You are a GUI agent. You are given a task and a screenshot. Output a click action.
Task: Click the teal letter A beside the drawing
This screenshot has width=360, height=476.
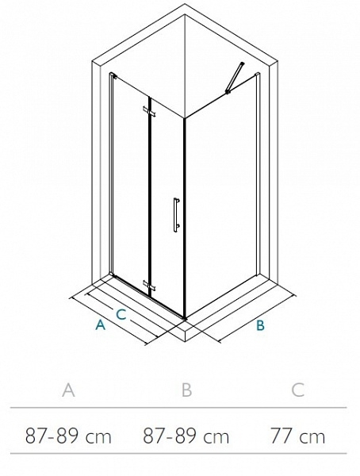[101, 324]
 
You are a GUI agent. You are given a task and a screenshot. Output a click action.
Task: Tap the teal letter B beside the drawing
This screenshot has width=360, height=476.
[260, 325]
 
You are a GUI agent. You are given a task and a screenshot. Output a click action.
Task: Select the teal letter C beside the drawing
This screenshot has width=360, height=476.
[121, 314]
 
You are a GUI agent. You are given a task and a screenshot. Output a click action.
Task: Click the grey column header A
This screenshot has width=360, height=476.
[68, 390]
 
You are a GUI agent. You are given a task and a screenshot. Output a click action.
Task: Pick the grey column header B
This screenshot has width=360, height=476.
[186, 390]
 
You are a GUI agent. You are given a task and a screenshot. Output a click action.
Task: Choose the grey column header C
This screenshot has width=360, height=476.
[297, 390]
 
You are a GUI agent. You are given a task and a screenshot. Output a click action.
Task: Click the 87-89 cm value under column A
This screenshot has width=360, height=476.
[68, 436]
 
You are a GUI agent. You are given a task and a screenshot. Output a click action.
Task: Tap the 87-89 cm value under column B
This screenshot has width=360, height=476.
[186, 436]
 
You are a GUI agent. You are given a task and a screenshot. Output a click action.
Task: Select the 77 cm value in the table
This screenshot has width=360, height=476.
[297, 436]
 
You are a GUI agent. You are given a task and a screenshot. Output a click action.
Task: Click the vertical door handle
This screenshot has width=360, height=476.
[176, 215]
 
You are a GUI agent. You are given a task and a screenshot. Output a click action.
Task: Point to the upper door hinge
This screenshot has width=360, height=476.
[149, 111]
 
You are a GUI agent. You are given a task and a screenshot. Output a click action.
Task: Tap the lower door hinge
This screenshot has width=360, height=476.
[149, 286]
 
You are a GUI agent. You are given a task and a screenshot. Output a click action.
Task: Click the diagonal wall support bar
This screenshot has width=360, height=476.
[235, 77]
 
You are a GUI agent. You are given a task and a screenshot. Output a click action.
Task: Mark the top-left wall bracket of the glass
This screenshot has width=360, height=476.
[113, 75]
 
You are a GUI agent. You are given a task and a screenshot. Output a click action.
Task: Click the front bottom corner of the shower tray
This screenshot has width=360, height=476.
[185, 341]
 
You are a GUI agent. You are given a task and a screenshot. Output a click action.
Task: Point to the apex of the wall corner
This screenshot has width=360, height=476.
[185, 15]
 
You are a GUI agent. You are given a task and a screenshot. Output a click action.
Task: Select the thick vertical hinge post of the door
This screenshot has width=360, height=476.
[149, 198]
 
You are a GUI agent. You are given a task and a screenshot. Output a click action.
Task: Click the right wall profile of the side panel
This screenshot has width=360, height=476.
[258, 174]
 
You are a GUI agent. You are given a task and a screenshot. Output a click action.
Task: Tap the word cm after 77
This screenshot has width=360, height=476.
[312, 438]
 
